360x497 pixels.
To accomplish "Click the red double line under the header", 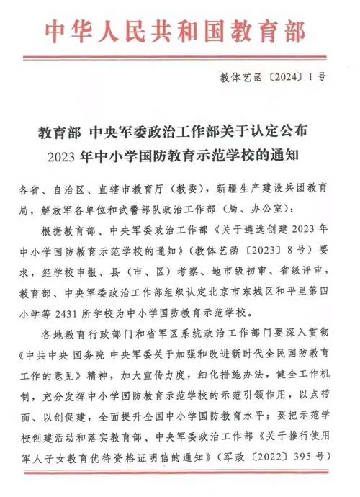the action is pos(179,57).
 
